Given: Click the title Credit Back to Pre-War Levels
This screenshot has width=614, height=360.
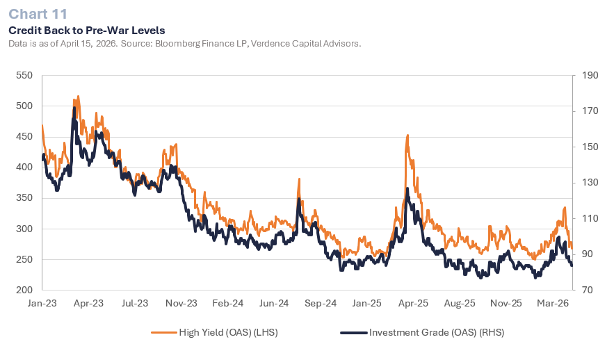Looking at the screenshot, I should (87, 31).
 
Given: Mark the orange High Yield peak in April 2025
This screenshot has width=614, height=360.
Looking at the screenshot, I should (407, 136).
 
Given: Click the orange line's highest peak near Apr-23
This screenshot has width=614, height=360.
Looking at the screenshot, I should (78, 97).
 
